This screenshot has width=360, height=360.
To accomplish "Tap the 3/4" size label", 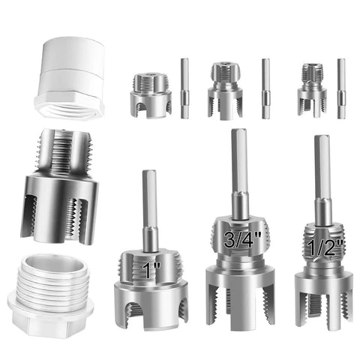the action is pos(242,239).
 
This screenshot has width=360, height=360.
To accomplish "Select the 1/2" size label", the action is pos(325,247).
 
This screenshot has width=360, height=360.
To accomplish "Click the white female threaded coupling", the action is pos(70,78).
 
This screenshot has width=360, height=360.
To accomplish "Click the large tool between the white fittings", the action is pos(59,186).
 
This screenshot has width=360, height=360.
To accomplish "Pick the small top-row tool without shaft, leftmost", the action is pos(151,95).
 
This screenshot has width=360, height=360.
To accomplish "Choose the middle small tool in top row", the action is pos(225,91).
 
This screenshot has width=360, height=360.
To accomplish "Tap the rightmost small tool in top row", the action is pos(312,89).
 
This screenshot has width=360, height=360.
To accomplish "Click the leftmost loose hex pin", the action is pos(184,88).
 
